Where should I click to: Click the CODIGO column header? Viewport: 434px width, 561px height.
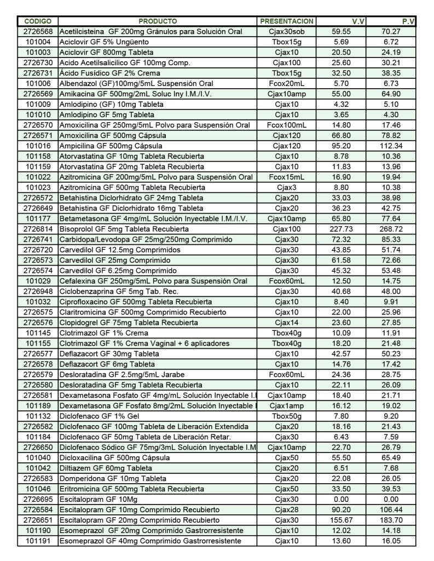pyautogui.click(x=38, y=21)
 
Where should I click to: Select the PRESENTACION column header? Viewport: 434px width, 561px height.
pyautogui.click(x=287, y=21)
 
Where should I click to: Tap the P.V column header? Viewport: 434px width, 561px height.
pyautogui.click(x=408, y=21)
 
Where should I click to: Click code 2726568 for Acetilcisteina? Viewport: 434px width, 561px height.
pyautogui.click(x=38, y=32)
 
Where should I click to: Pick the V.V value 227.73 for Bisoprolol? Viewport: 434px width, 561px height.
pyautogui.click(x=342, y=229)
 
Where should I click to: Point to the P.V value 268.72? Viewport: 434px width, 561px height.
pyautogui.click(x=391, y=229)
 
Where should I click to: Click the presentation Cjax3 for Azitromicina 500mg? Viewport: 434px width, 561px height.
pyautogui.click(x=287, y=187)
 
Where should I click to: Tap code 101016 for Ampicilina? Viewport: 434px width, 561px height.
pyautogui.click(x=38, y=146)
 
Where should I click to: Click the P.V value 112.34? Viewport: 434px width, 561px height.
pyautogui.click(x=391, y=146)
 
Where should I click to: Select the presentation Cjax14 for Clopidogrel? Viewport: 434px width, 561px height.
pyautogui.click(x=287, y=323)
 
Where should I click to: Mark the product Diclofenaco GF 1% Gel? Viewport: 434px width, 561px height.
pyautogui.click(x=96, y=416)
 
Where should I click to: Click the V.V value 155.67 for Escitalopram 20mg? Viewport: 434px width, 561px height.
pyautogui.click(x=342, y=520)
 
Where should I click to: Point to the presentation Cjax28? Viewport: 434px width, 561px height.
pyautogui.click(x=287, y=510)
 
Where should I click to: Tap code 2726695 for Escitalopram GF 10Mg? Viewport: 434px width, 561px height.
pyautogui.click(x=38, y=499)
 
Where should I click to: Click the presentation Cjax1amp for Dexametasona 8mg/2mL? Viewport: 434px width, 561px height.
pyautogui.click(x=287, y=406)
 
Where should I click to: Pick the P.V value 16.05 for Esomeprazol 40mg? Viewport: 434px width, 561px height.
pyautogui.click(x=391, y=541)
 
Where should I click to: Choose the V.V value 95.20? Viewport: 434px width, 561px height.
pyautogui.click(x=342, y=146)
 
